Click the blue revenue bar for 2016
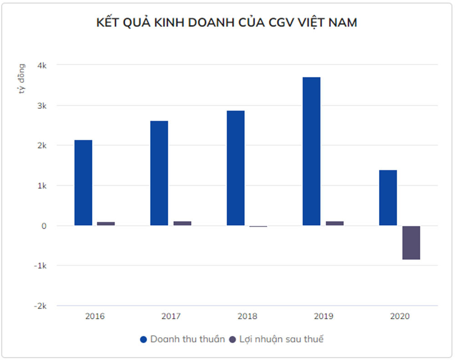tap(83, 183)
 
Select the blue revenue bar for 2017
tap(159, 173)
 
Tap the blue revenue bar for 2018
tap(236, 168)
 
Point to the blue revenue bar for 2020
tap(388, 198)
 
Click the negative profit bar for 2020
tap(411, 243)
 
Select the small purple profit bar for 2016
tap(106, 223)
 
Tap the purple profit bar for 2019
tap(334, 223)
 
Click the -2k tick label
tap(40, 306)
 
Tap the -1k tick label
tap(40, 266)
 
